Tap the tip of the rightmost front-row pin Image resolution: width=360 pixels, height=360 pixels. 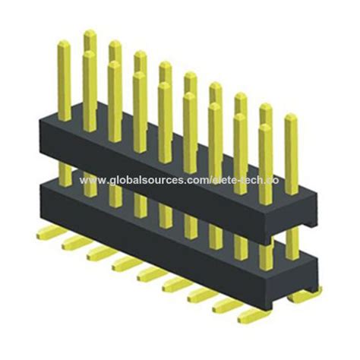[x=291, y=118]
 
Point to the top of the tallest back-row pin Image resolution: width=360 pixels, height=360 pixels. [x=90, y=33]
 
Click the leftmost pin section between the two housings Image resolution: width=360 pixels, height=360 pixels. [x=65, y=174]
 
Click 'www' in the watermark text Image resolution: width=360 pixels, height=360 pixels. [x=91, y=181]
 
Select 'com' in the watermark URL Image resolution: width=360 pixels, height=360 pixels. [x=198, y=181]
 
